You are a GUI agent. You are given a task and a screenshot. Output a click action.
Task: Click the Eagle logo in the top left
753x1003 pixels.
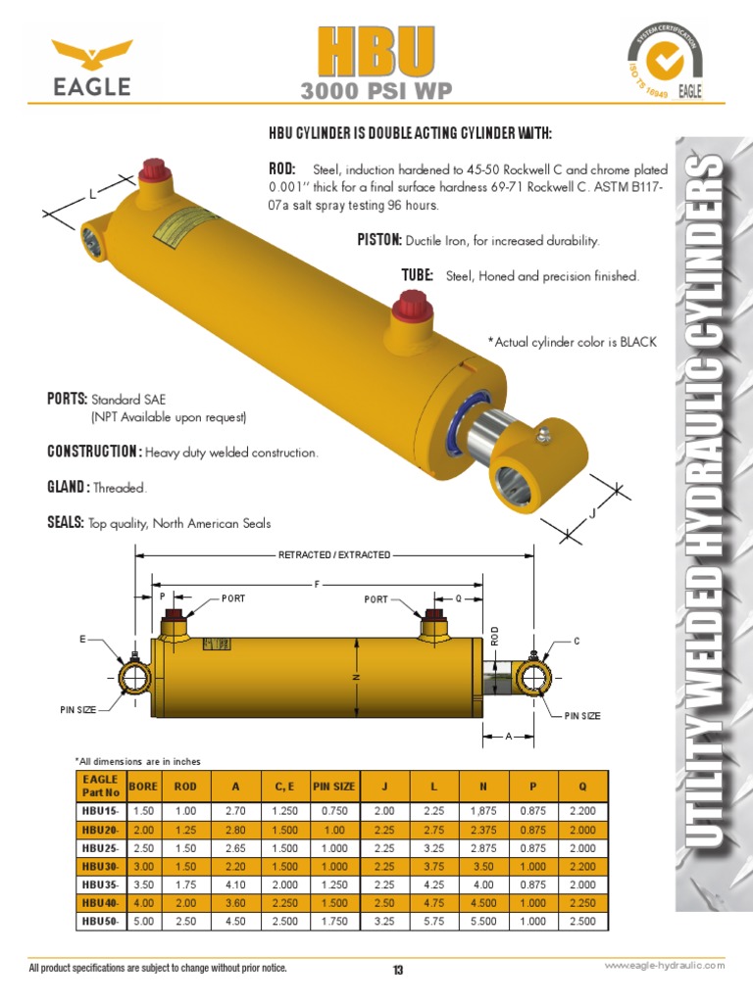coord(91,68)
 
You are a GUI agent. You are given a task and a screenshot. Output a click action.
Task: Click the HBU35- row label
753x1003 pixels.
coord(100,884)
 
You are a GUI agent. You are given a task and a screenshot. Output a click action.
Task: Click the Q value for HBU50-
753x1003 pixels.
coord(582,921)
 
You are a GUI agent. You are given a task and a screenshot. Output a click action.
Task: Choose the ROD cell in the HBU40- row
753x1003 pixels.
coord(185,902)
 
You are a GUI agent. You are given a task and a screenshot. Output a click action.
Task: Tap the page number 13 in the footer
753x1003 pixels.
coord(398,970)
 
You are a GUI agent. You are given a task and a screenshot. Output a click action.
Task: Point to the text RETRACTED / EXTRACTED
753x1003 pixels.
coord(334,555)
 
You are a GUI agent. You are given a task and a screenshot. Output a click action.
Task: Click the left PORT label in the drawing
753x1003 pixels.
coord(233,597)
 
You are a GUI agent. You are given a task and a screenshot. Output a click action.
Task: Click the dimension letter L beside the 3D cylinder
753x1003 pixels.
coord(92,195)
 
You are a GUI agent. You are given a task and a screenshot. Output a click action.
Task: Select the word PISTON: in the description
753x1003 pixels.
coord(378,240)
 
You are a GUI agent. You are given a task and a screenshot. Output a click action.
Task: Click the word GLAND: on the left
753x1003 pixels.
coord(69,488)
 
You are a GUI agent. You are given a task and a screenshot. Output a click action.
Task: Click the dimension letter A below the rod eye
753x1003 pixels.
coord(510,735)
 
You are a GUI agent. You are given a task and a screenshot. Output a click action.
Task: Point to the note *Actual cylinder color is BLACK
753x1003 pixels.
coord(572,342)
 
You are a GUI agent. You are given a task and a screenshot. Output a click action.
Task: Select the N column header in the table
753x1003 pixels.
coord(483,785)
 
